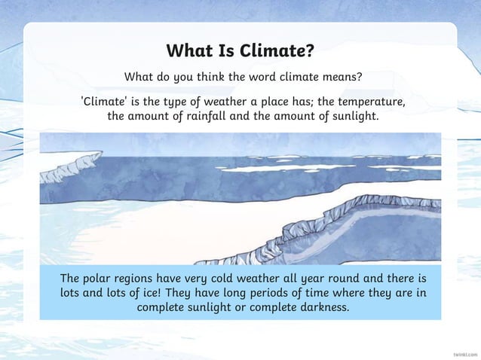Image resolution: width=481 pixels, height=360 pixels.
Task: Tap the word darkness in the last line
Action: click(x=322, y=309)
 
